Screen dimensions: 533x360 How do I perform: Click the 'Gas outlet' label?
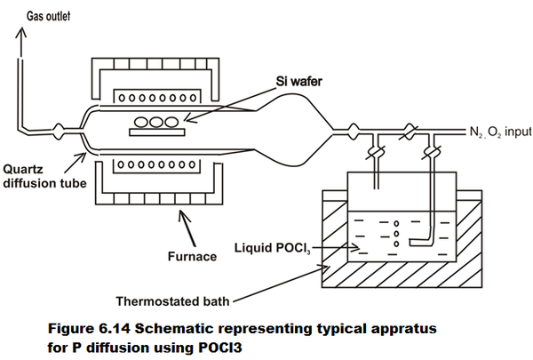click(x=48, y=16)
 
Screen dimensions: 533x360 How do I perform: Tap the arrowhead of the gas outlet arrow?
click(x=20, y=32)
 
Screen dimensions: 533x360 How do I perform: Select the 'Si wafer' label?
click(x=298, y=82)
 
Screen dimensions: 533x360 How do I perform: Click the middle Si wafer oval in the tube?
click(x=156, y=122)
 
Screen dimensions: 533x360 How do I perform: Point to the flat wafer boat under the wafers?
click(x=157, y=132)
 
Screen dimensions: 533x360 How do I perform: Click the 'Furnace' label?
click(x=192, y=256)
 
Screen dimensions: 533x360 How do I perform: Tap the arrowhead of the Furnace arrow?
click(x=184, y=216)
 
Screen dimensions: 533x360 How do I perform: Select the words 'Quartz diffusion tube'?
click(x=44, y=176)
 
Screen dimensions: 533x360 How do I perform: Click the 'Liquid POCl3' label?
click(x=273, y=248)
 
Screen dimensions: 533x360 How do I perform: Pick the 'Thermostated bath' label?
click(x=172, y=301)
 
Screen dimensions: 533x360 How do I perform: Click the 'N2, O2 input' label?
click(x=500, y=132)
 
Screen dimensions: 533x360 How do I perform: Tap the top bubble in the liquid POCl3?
click(x=396, y=223)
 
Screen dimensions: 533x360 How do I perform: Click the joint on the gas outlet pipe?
click(x=58, y=131)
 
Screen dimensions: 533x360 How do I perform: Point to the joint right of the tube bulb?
click(x=354, y=131)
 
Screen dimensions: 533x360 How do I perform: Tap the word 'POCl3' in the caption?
click(x=219, y=348)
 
